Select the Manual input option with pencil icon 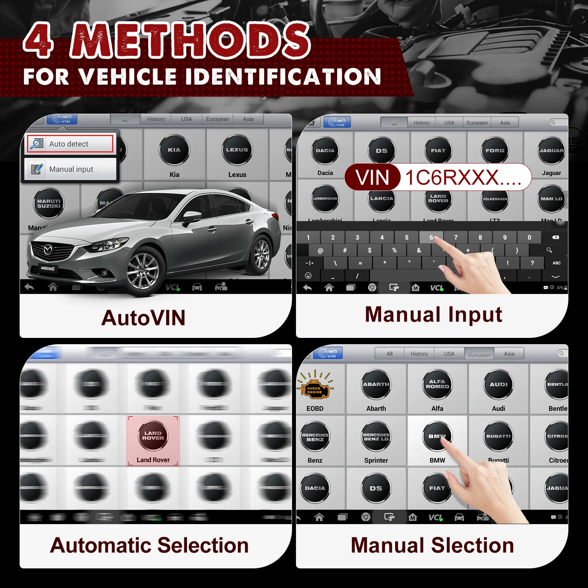pyautogui.click(x=71, y=169)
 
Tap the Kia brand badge pyautogui.click(x=174, y=150)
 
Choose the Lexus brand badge pyautogui.click(x=237, y=150)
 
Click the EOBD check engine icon pyautogui.click(x=315, y=388)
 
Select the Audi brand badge pyautogui.click(x=498, y=385)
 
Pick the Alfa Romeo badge pyautogui.click(x=437, y=385)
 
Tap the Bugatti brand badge pyautogui.click(x=498, y=436)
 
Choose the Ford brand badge pyautogui.click(x=495, y=151)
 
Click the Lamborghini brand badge pyautogui.click(x=325, y=199)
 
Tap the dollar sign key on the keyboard pyautogui.click(x=370, y=250)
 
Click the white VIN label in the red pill pyautogui.click(x=372, y=177)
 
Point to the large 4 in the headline pyautogui.click(x=38, y=40)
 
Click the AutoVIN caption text pyautogui.click(x=143, y=318)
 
